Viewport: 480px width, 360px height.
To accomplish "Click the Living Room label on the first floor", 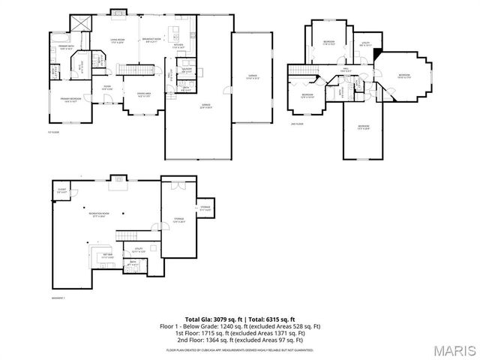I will (x=118, y=40).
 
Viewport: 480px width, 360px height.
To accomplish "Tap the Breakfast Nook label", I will (x=152, y=40).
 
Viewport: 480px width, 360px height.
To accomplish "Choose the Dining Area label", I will (x=145, y=94).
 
